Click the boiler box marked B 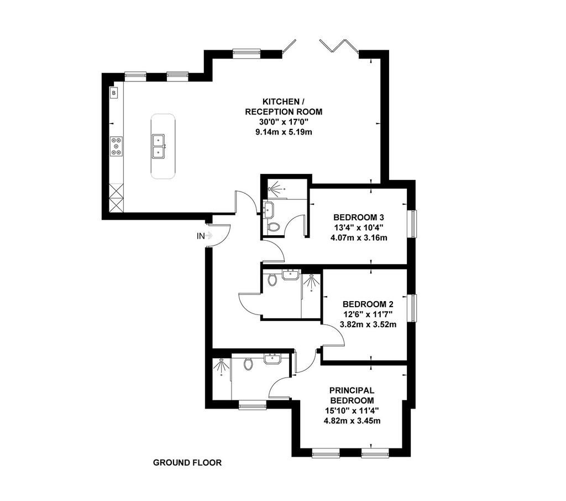114,93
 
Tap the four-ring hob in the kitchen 116,146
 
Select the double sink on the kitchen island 159,146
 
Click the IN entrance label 200,236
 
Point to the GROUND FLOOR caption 187,463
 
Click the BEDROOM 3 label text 358,217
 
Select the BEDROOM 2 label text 368,304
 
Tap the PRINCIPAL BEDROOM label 352,395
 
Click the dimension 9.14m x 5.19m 284,132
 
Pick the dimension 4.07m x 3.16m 359,238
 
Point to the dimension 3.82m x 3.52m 368,324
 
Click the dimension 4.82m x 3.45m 352,421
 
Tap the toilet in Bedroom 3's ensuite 274,227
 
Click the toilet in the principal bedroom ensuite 248,364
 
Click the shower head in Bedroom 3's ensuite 275,189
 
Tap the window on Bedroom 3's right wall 412,224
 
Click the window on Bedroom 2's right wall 412,308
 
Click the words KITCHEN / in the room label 281,101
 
